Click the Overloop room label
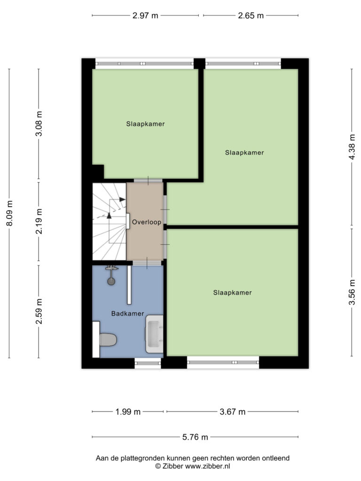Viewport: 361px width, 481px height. (147, 222)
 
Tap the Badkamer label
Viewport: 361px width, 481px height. (127, 313)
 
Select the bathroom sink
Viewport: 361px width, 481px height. (154, 334)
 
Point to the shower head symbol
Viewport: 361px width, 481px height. (111, 275)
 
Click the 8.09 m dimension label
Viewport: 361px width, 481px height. (9, 213)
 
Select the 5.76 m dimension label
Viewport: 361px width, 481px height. (195, 437)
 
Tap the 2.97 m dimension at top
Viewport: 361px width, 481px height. (145, 16)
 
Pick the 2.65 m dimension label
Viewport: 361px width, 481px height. (251, 16)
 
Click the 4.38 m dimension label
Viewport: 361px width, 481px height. (352, 147)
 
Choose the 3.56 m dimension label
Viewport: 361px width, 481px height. (352, 292)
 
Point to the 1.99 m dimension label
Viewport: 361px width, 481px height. (128, 411)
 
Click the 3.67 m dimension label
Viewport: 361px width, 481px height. (232, 411)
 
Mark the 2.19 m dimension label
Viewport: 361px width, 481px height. (39, 221)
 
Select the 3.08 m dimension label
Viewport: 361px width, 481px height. (39, 124)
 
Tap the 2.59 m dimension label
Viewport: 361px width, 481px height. (39, 311)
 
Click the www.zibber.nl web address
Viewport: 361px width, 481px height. (207, 466)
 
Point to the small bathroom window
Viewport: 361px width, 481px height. (148, 363)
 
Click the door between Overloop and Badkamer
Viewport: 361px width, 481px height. (147, 263)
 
